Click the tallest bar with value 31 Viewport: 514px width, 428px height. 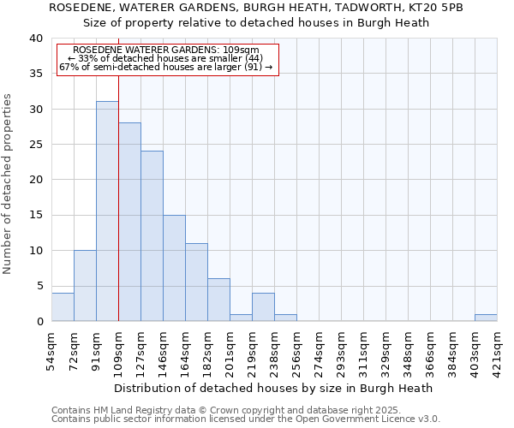point(107,211)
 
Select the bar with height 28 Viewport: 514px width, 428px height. point(129,222)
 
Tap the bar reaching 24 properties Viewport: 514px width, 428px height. point(152,236)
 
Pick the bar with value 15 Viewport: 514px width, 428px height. point(174,268)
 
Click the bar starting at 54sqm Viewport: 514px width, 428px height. point(63,307)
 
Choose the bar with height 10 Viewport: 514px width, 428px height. point(85,286)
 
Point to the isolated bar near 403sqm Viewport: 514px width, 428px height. point(486,318)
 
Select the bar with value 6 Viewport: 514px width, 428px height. point(218,300)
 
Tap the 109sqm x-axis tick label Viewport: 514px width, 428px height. point(118,348)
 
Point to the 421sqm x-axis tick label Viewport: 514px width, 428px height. point(497,348)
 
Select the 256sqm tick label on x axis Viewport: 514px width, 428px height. point(296,348)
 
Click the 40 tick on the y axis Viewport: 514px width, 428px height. point(35,39)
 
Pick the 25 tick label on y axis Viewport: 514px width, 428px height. point(35,145)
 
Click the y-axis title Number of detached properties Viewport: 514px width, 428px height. point(9,180)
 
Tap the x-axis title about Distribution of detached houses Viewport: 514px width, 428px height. point(273,388)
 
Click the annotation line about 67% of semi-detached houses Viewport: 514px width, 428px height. point(166,67)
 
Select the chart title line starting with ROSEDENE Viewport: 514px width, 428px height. point(256,7)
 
